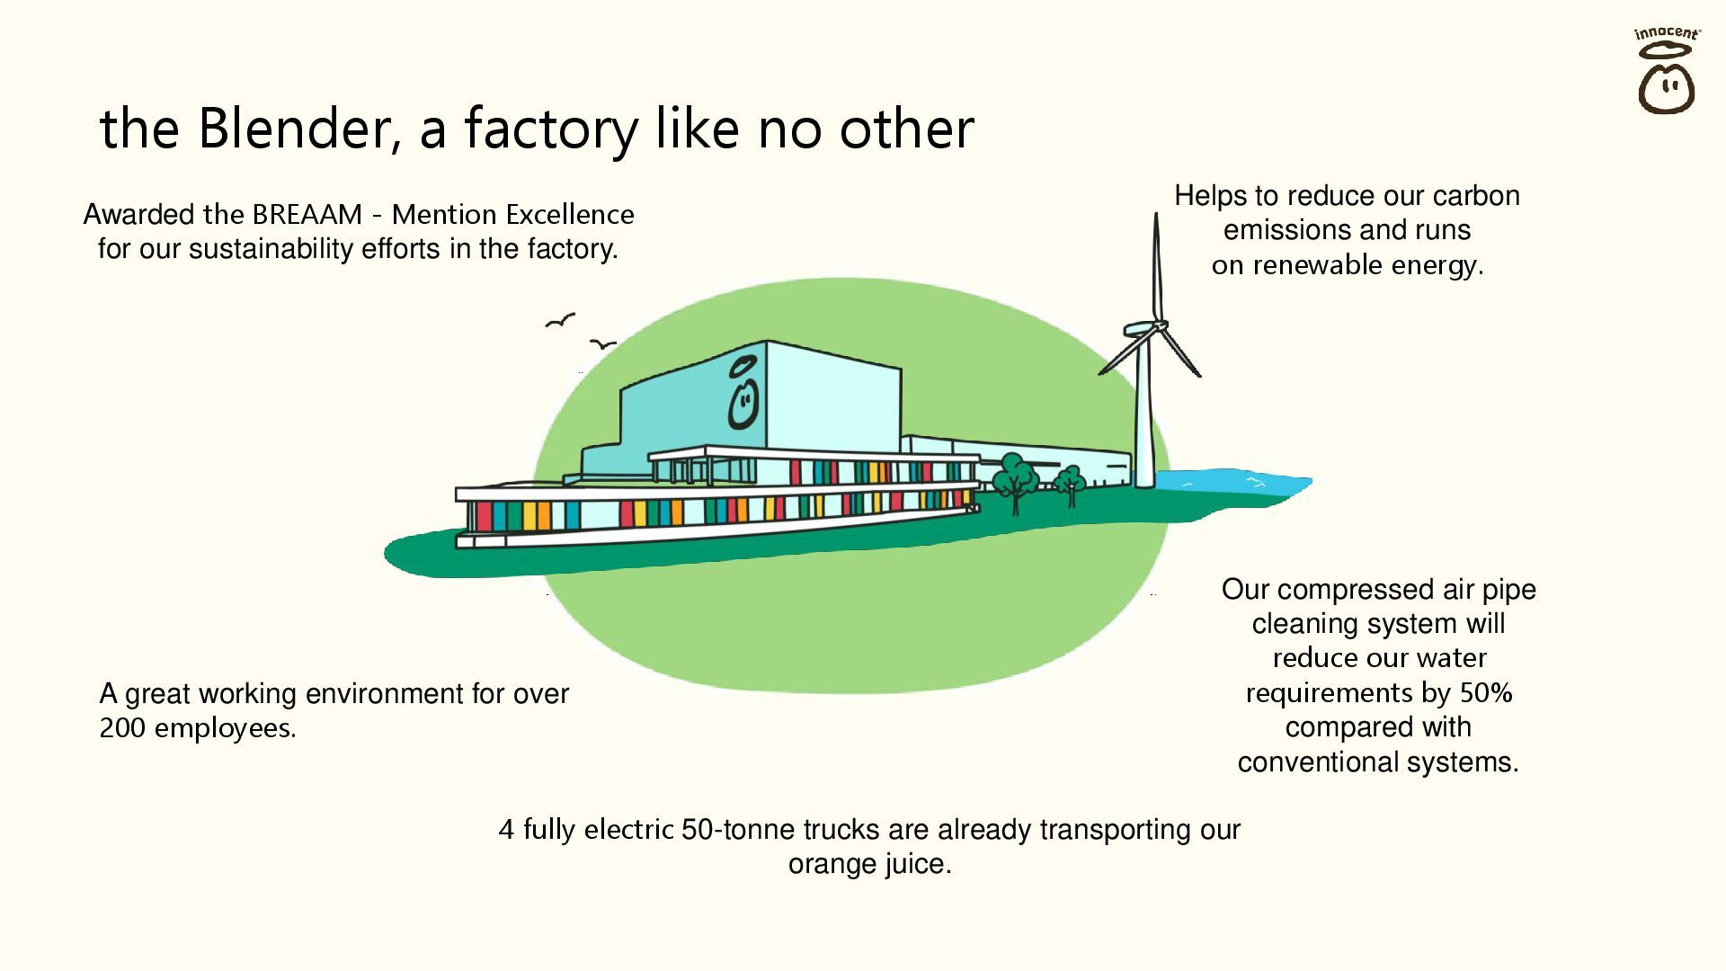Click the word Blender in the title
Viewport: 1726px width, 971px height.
tap(297, 128)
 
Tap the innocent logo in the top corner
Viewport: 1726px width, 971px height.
tap(1666, 72)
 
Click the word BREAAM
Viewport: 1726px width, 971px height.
tap(307, 215)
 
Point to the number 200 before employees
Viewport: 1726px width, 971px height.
tap(121, 728)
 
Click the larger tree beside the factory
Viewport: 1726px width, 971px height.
tap(1016, 477)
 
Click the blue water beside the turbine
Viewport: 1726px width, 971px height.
tap(1241, 485)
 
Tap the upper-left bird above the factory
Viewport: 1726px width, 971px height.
tap(560, 320)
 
